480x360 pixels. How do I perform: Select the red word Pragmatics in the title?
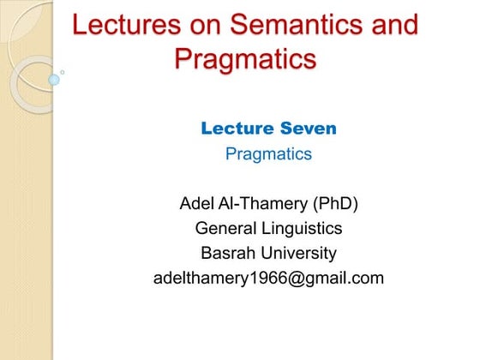coord(245,60)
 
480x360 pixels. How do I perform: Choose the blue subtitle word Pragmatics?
coord(268,155)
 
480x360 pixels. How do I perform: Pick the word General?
coord(225,229)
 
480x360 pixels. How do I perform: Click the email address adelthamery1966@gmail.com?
coord(268,279)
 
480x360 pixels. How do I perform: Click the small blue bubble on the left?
coord(53,79)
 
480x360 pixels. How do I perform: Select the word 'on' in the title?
coord(199,25)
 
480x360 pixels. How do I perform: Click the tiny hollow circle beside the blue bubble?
coord(63,72)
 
